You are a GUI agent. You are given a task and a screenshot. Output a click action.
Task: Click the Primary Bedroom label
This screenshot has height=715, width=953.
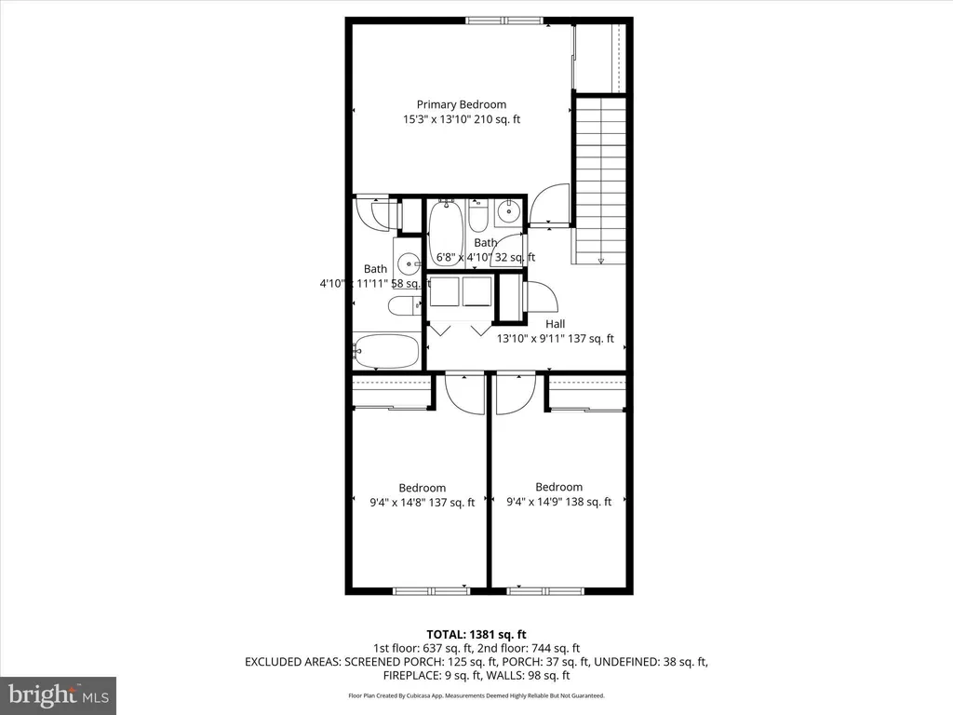pos(461,104)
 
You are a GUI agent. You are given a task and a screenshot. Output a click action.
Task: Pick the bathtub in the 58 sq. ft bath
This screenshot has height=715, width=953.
pos(386,351)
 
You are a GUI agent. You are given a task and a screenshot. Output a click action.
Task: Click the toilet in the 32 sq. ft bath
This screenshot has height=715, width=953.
pos(478,216)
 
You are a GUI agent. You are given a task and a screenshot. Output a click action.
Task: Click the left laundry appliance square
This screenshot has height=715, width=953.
pos(445,290)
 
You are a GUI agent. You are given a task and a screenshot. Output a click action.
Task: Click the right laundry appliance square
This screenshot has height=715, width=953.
pos(478,290)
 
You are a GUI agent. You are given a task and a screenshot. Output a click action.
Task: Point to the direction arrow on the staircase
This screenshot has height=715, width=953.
pos(601,260)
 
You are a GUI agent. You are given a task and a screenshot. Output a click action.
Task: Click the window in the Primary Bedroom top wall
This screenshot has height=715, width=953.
pos(506,20)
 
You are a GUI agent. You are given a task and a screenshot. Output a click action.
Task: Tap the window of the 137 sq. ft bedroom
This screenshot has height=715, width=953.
pos(432,590)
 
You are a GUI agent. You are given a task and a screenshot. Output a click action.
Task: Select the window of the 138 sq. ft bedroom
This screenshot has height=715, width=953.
pos(545,590)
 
